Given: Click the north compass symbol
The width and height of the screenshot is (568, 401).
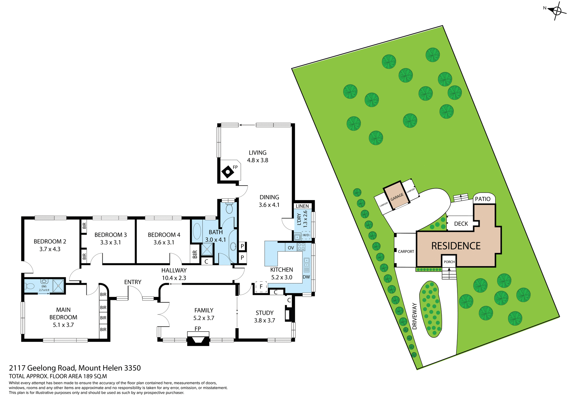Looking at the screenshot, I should (x=556, y=11).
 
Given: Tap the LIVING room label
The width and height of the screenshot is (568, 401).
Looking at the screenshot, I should (x=257, y=153).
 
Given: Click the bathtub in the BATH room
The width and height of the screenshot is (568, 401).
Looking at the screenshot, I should (x=197, y=231).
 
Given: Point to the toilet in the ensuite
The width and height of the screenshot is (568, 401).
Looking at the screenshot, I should (x=30, y=286).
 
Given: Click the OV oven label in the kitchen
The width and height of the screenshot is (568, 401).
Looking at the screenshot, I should (x=291, y=248).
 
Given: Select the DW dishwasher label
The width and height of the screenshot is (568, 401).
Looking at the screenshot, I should (x=306, y=277).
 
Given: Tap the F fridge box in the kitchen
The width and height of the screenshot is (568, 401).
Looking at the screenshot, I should (x=261, y=287).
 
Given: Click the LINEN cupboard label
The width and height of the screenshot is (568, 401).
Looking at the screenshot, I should (x=302, y=206).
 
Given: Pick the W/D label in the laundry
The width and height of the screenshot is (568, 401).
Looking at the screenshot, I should (x=306, y=235).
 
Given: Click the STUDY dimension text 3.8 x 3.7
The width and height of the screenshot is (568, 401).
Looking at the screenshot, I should (x=264, y=320).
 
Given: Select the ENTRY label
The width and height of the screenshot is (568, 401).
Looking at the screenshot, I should (x=133, y=282).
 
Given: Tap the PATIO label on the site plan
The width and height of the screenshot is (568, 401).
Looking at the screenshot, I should (x=483, y=199).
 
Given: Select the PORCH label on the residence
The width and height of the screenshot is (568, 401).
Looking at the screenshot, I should (x=449, y=262).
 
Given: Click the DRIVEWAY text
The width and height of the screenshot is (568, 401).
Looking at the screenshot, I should (x=414, y=316).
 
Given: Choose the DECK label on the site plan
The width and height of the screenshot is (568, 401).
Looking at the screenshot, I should (x=461, y=224).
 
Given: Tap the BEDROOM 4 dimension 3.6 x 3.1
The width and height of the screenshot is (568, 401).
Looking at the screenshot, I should (x=164, y=242).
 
